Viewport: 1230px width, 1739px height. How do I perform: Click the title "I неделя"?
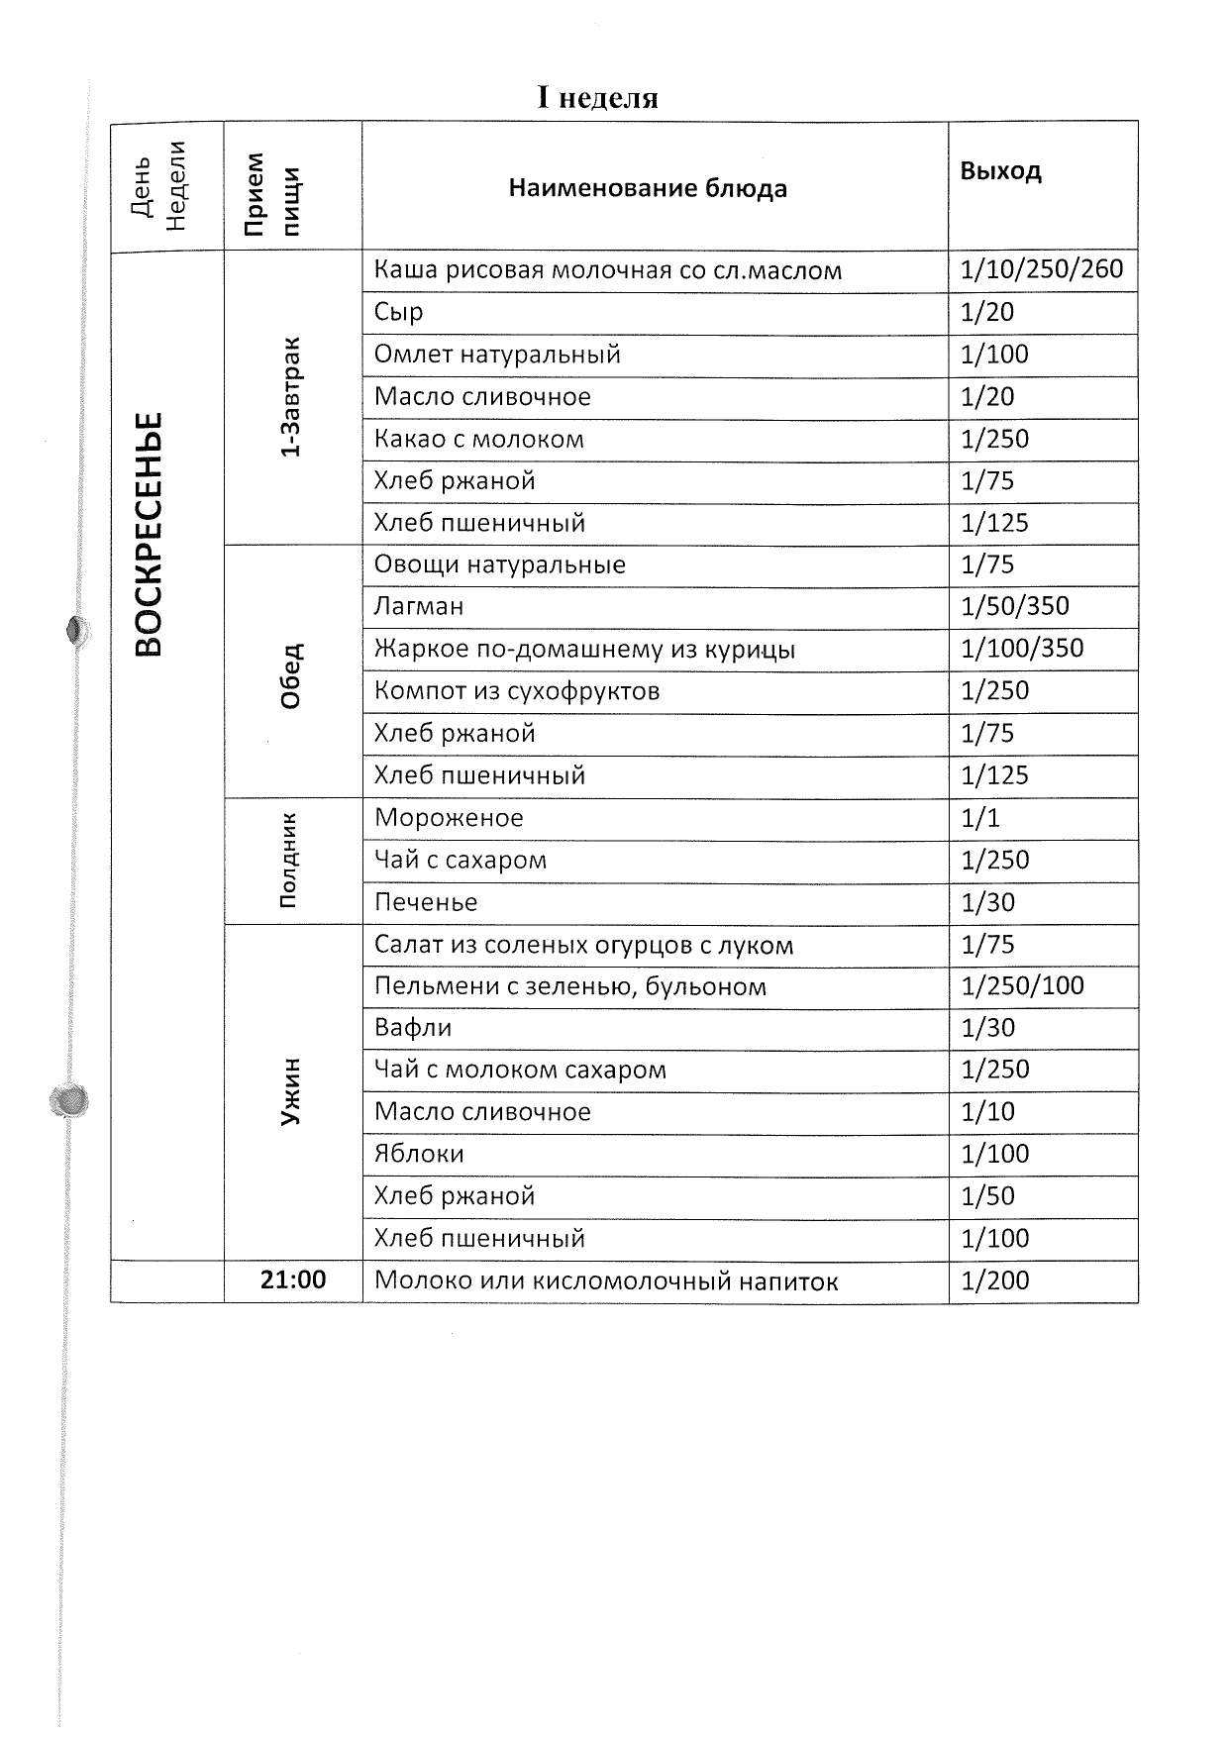pos(597,98)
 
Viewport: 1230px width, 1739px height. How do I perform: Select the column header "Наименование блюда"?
pos(648,188)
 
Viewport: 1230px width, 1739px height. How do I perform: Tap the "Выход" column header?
pos(1000,170)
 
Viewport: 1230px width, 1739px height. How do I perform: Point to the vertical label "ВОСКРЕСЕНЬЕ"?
pos(149,535)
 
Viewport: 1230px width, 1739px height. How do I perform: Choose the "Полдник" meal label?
pos(288,860)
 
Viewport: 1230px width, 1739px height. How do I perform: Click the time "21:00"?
pos(293,1279)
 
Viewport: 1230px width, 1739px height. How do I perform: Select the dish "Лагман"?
pos(419,606)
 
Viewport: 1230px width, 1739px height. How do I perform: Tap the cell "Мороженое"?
pos(449,818)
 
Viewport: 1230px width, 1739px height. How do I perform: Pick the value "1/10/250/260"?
pos(1042,269)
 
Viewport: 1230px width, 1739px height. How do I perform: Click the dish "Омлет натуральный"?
pos(497,354)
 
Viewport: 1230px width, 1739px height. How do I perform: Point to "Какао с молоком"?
pos(479,439)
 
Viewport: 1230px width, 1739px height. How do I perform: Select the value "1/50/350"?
pos(1015,606)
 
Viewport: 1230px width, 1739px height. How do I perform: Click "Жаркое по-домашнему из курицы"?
pos(584,649)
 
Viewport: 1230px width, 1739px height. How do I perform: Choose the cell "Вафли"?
pos(413,1028)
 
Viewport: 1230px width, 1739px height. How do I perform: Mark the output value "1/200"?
pos(995,1280)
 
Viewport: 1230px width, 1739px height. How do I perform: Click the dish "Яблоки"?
pos(419,1154)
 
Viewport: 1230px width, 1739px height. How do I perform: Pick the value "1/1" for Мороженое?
pos(980,818)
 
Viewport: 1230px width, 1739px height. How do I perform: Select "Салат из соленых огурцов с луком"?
pos(583,945)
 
